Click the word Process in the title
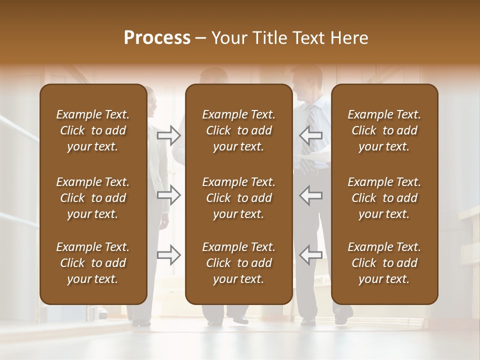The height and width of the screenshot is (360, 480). point(157,38)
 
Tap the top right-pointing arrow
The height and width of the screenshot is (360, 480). point(169,135)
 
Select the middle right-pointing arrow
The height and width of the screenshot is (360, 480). point(169,195)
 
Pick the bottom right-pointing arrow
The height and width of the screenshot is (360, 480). point(169,255)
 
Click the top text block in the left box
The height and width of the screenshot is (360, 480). point(93,130)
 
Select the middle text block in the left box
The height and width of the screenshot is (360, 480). point(93,198)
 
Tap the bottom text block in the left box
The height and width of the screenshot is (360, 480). point(93,263)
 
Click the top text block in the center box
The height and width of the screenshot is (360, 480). point(238,130)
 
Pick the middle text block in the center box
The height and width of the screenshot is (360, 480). point(238,198)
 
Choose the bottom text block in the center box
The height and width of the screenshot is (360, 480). point(238,263)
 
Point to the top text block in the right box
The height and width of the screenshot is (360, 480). point(384,130)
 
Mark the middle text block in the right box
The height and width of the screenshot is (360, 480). point(384,198)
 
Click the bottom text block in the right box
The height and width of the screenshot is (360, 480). point(384,263)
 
